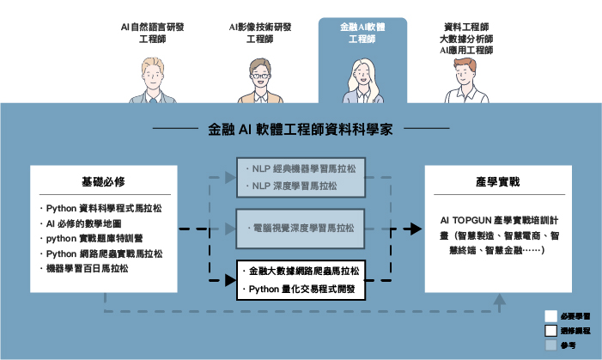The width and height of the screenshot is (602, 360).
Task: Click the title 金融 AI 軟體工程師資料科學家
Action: [x=301, y=131]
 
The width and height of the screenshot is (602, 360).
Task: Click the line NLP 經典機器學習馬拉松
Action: [x=301, y=168]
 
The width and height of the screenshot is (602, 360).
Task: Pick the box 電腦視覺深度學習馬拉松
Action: [x=301, y=228]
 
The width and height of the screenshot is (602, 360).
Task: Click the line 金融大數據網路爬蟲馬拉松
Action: [x=301, y=271]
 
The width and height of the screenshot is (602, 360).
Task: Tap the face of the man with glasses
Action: [x=260, y=73]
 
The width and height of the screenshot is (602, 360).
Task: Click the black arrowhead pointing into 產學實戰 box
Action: [x=417, y=229]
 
